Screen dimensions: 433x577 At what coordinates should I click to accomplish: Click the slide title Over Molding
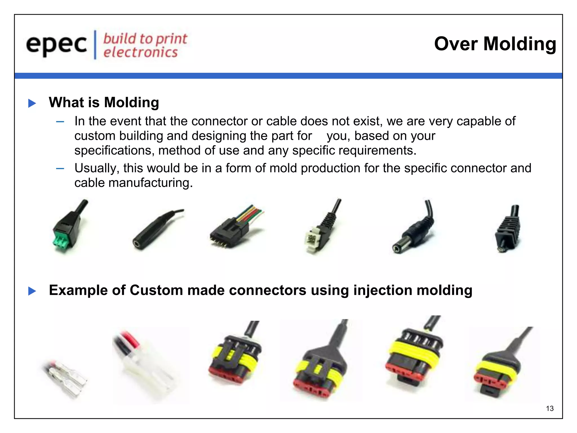pos(495,44)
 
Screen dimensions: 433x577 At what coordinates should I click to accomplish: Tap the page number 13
pos(550,408)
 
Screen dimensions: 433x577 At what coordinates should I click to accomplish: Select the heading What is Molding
pos(104,102)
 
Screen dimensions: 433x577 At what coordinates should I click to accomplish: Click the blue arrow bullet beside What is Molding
pos(32,103)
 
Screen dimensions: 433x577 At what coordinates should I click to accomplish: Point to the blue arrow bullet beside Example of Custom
pos(32,291)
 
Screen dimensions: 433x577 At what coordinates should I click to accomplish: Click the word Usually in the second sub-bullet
pos(95,168)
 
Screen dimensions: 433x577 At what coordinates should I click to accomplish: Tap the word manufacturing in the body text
pos(150,183)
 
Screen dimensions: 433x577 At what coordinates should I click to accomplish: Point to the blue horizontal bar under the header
pos(288,76)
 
